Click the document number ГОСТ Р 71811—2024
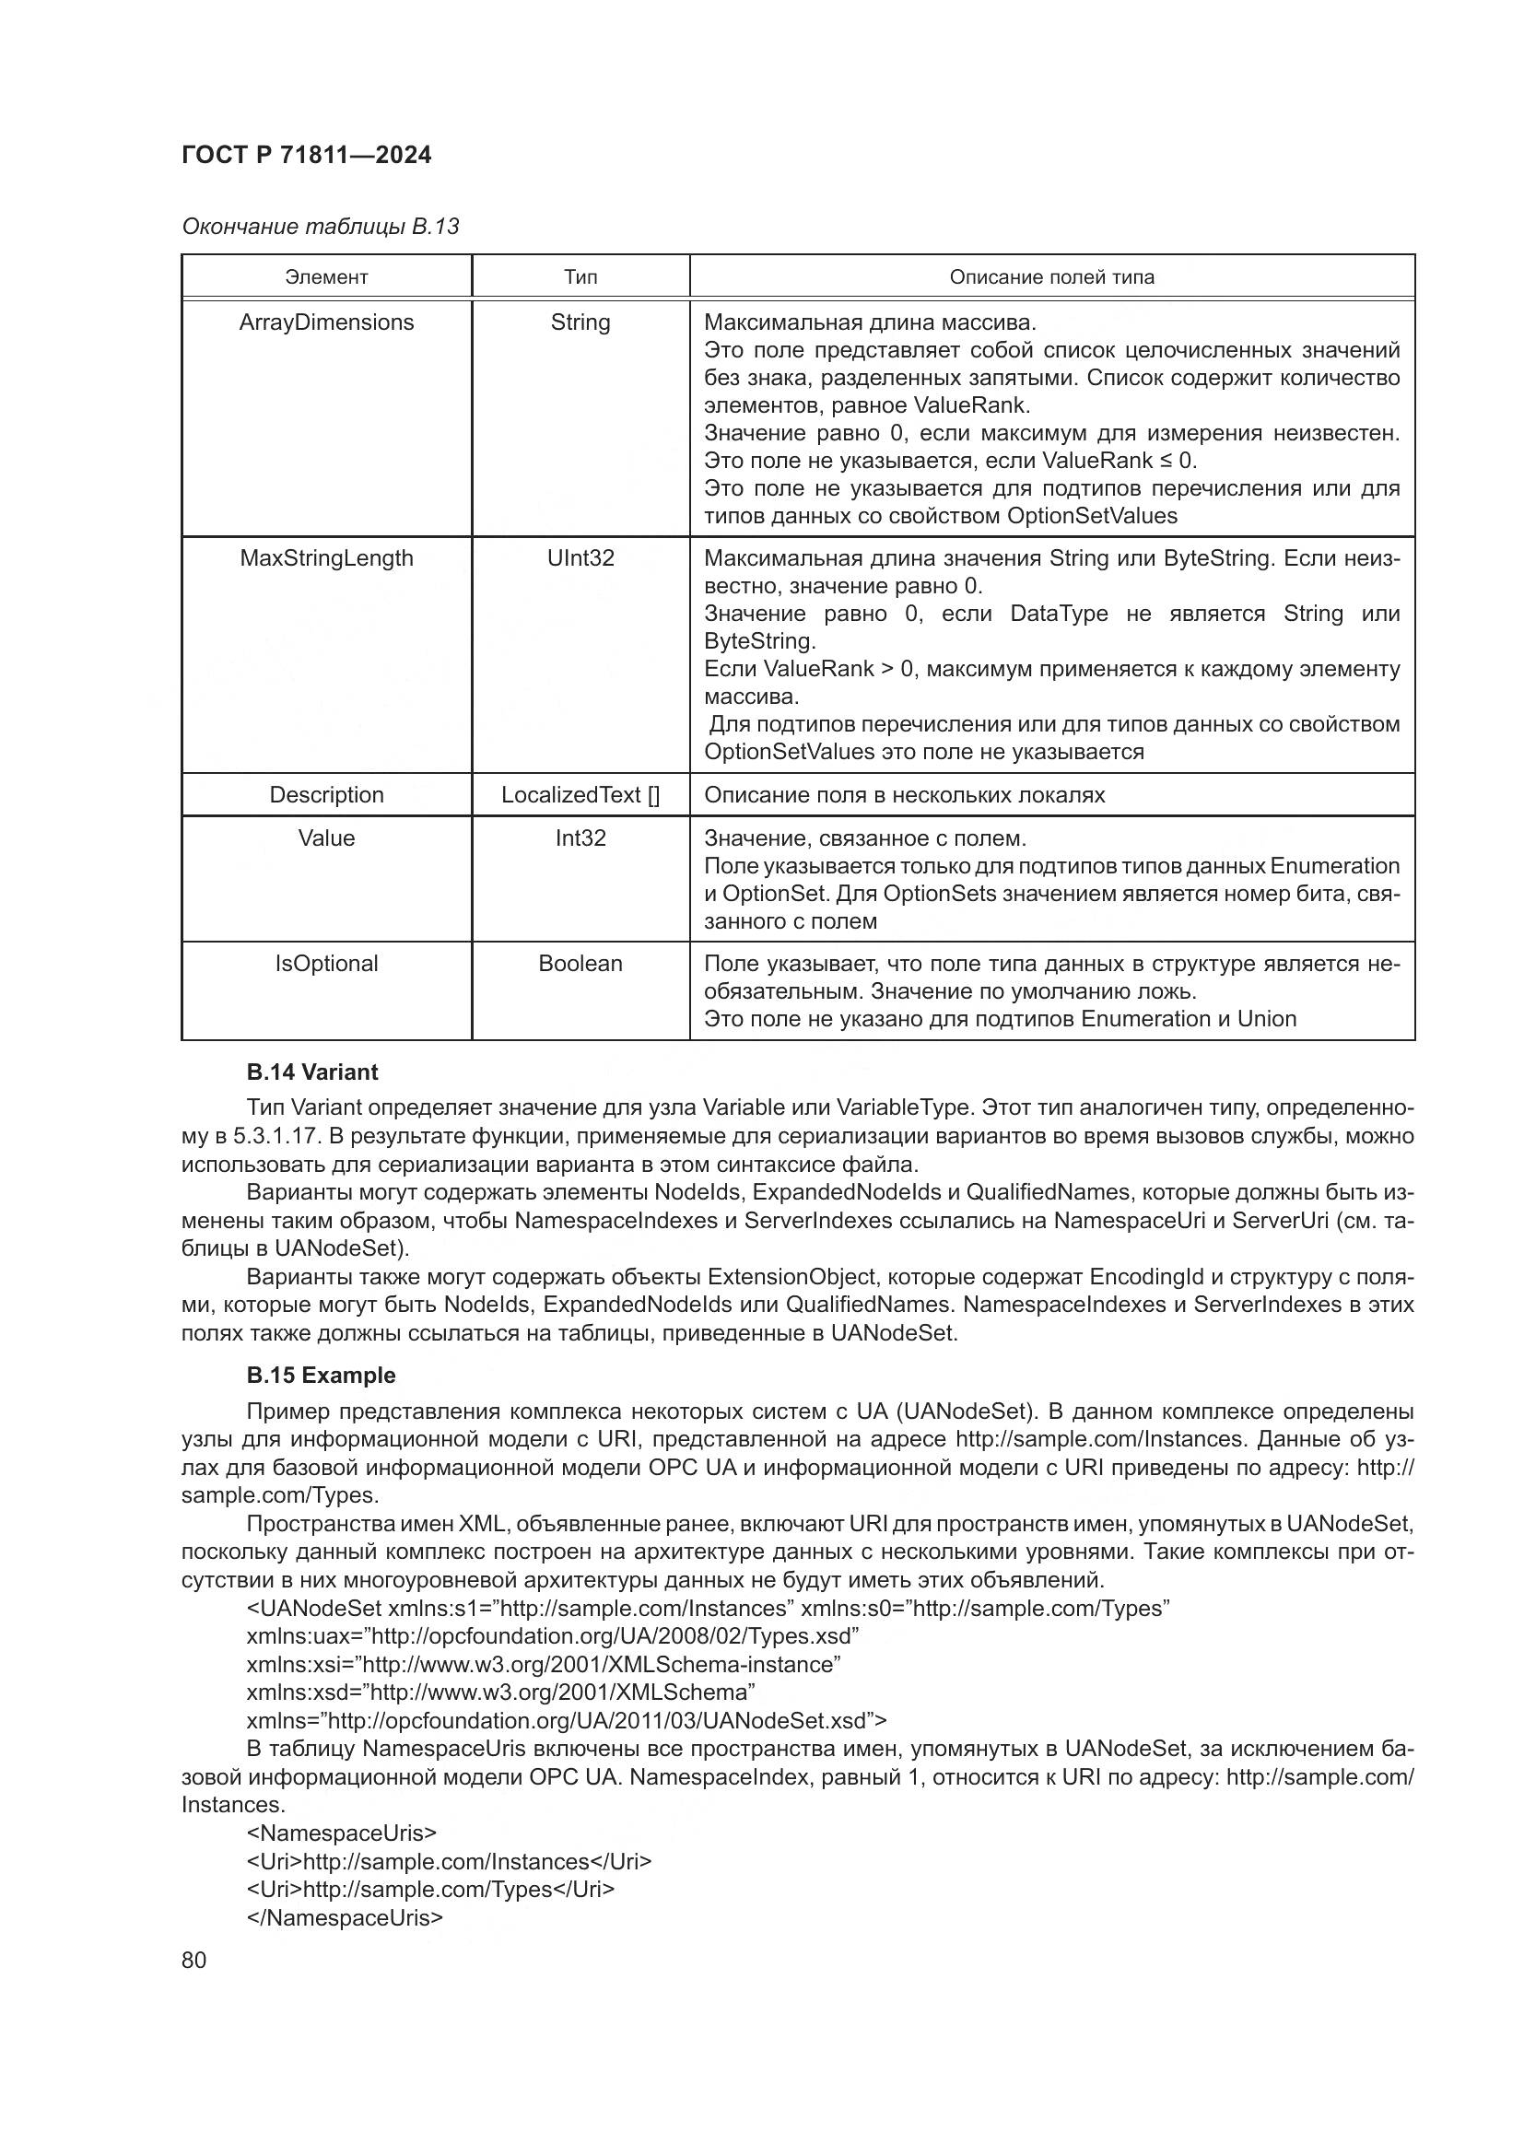point(306,155)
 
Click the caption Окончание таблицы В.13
point(320,227)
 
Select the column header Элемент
point(326,277)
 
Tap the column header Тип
point(580,277)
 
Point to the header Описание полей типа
point(1051,277)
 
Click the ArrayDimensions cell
point(326,322)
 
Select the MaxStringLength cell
point(326,557)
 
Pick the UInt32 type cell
point(580,557)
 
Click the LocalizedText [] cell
point(580,794)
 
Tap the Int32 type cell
point(580,837)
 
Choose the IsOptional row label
point(326,963)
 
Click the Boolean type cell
point(580,963)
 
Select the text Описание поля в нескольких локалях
point(904,794)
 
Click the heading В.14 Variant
point(311,1072)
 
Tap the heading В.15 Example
point(320,1375)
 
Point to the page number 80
point(193,1960)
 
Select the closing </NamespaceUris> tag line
point(345,1916)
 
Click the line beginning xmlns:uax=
point(553,1636)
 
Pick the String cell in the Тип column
point(580,322)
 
